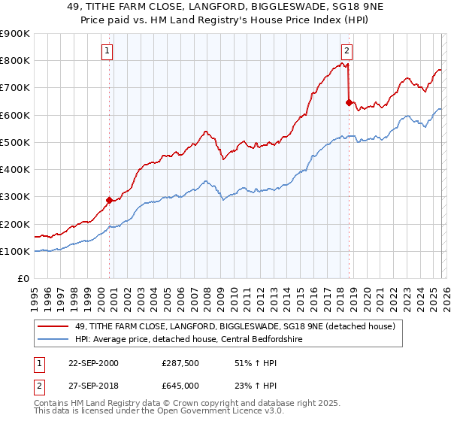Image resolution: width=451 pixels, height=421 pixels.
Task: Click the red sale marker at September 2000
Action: [x=109, y=200]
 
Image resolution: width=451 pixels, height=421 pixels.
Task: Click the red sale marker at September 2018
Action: [x=349, y=102]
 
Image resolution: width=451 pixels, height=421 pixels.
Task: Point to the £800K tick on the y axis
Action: [x=15, y=61]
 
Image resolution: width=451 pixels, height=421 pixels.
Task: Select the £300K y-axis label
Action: [x=15, y=197]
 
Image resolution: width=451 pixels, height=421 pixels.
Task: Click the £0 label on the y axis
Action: [x=23, y=279]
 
